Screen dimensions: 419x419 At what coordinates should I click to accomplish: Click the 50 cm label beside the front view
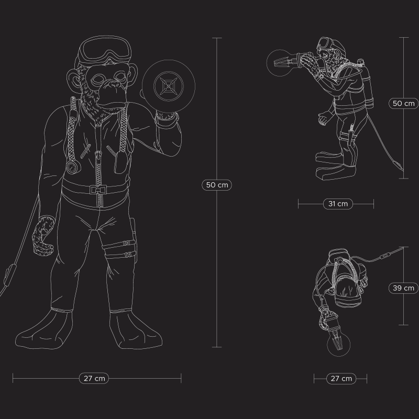pyautogui.click(x=217, y=185)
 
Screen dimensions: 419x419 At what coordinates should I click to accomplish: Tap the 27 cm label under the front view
pyautogui.click(x=94, y=378)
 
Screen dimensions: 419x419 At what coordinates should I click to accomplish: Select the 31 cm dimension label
pyautogui.click(x=338, y=204)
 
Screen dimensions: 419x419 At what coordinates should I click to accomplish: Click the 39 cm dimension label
pyautogui.click(x=403, y=288)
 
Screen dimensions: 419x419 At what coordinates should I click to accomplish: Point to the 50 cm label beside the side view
pyautogui.click(x=403, y=103)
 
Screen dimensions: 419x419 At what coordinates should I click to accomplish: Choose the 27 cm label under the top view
pyautogui.click(x=341, y=379)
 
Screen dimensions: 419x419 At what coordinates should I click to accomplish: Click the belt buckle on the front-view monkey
pyautogui.click(x=98, y=190)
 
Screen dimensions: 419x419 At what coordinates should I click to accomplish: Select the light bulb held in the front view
pyautogui.click(x=168, y=86)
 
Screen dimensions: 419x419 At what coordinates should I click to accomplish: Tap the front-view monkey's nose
pyautogui.click(x=115, y=85)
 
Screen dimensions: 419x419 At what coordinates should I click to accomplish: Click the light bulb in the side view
pyautogui.click(x=280, y=63)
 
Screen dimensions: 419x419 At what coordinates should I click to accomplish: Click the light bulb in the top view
pyautogui.click(x=338, y=344)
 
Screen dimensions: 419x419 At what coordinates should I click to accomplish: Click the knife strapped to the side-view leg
pyautogui.click(x=351, y=136)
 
